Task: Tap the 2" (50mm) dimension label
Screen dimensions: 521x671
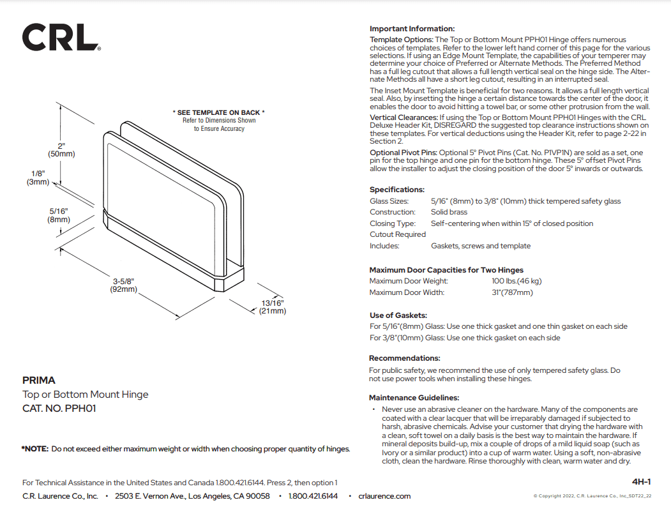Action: [61, 150]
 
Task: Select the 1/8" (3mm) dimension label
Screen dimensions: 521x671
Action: [38, 177]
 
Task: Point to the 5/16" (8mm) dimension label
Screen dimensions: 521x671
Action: [58, 215]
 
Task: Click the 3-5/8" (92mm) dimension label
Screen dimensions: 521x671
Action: [123, 285]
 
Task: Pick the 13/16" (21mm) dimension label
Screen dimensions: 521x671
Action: [273, 307]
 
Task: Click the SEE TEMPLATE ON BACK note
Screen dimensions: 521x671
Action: [218, 113]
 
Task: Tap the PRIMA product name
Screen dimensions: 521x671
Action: [39, 381]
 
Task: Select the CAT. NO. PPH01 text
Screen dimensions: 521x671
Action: [59, 409]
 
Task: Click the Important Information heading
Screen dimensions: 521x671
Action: [412, 29]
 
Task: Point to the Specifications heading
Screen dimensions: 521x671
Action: [396, 190]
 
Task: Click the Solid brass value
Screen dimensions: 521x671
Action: [449, 212]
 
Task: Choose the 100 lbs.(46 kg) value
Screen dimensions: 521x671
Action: [512, 281]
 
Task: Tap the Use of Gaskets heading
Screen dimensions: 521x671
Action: [398, 315]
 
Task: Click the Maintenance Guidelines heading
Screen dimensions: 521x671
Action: [414, 398]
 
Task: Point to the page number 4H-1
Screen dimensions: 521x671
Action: [640, 481]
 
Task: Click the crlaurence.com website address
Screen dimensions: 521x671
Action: [384, 496]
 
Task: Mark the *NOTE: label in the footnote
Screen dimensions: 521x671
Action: [35, 449]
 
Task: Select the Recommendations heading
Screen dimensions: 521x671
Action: [404, 358]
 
